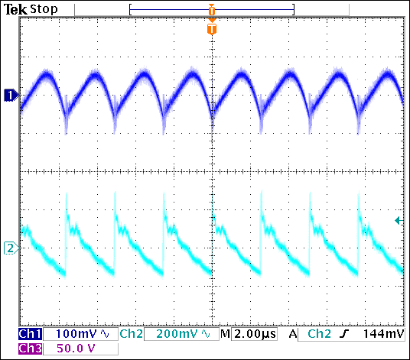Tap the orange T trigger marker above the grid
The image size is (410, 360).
[212, 29]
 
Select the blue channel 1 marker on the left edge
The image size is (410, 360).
[10, 95]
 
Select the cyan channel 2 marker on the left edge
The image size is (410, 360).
[10, 248]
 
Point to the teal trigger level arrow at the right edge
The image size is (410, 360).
[398, 221]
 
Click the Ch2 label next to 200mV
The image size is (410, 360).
[129, 335]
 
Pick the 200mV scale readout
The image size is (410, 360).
[175, 335]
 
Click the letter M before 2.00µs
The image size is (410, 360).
[225, 335]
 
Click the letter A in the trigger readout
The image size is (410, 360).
[293, 335]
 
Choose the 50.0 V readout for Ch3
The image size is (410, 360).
[70, 349]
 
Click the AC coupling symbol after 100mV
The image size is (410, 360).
[105, 335]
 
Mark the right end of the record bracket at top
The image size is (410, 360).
[294, 9]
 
